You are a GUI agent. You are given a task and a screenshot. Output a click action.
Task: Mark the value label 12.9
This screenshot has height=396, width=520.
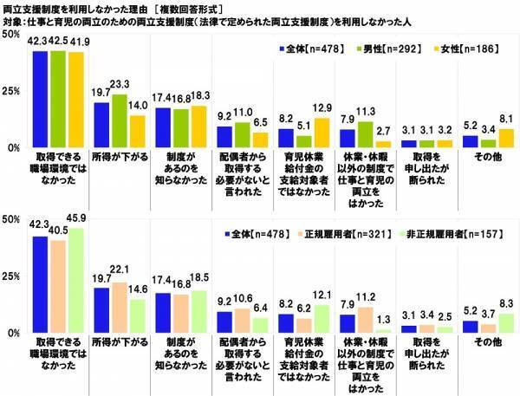coord(323,106)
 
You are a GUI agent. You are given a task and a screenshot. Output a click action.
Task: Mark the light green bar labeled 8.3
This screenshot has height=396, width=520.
coord(486,323)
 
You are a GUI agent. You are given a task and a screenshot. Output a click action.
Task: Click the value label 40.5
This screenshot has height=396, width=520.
coord(59,231)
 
